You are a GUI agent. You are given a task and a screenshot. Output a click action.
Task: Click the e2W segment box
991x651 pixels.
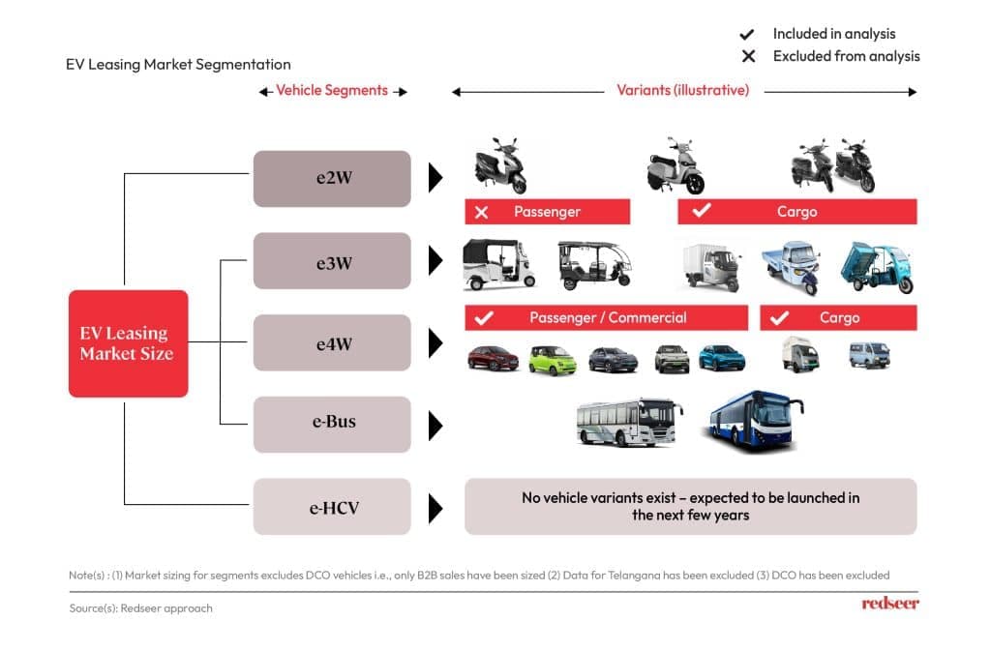[x=332, y=178]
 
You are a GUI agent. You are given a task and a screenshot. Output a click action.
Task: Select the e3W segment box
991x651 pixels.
[x=332, y=260]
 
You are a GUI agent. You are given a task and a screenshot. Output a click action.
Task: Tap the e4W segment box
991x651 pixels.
[x=332, y=342]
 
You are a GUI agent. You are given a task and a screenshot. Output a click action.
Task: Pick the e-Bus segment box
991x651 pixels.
[x=332, y=424]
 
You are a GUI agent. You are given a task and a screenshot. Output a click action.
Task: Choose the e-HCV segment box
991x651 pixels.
[x=332, y=506]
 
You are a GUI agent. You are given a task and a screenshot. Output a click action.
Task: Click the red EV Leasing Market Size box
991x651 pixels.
[x=128, y=343]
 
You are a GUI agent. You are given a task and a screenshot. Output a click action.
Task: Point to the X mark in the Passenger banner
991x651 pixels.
[x=481, y=212]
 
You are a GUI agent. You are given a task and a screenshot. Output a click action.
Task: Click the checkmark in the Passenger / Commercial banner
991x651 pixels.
[x=485, y=317]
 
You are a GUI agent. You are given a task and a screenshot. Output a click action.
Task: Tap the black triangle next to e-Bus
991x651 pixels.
[x=435, y=425]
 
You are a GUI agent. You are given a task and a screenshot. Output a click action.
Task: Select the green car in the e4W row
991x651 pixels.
[x=552, y=360]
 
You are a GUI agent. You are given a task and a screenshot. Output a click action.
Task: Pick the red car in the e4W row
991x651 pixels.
[x=493, y=358]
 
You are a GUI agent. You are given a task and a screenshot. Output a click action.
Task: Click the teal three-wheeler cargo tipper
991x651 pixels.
[x=875, y=268]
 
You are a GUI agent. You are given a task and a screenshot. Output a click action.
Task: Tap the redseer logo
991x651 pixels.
[x=889, y=604]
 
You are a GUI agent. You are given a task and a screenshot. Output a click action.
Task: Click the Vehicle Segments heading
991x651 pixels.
[x=332, y=91]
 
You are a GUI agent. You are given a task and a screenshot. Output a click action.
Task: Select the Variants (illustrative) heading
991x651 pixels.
[x=682, y=91]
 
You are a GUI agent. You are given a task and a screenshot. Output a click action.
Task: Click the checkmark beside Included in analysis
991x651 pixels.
[x=747, y=34]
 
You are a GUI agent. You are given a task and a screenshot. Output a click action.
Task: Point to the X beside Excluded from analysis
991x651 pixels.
[x=748, y=56]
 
